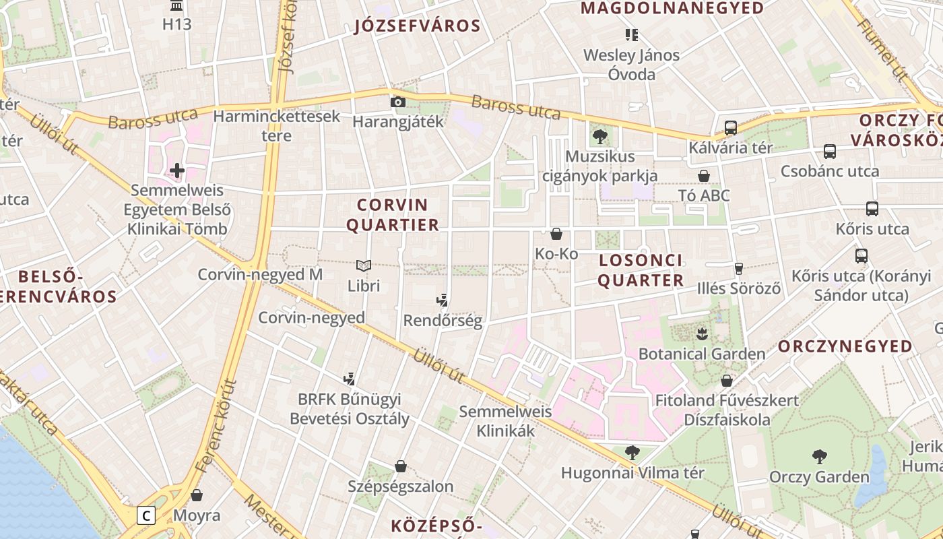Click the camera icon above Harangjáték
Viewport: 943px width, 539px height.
point(398,102)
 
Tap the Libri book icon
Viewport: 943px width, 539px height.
point(364,266)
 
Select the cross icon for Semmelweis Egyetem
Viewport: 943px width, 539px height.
point(177,170)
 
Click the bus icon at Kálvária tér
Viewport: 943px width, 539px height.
point(730,128)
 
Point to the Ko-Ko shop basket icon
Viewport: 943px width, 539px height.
point(556,234)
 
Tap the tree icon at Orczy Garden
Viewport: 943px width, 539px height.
point(819,457)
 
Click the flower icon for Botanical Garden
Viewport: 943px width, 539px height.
point(702,334)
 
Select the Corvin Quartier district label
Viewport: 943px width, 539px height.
point(393,215)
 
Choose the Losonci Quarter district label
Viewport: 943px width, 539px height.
point(641,270)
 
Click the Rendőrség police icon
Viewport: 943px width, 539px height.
point(443,300)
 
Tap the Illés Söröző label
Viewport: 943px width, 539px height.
point(739,288)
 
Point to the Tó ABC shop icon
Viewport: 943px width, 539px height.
point(704,176)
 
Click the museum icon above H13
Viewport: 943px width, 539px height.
point(177,6)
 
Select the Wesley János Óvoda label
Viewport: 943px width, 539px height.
point(631,64)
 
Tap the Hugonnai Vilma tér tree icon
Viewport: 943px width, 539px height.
point(632,453)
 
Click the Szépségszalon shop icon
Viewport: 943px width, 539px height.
point(401,466)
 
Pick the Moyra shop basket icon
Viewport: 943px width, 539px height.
point(197,495)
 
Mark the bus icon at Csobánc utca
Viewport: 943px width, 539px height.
point(830,152)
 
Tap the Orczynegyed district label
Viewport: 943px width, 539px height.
point(845,346)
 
